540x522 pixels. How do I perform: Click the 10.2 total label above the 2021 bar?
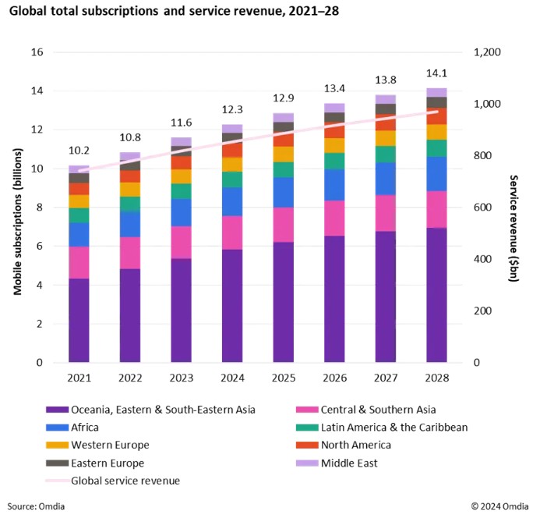click(x=79, y=151)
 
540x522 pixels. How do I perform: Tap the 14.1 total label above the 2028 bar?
click(x=437, y=73)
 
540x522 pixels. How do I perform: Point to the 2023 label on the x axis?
click(x=181, y=378)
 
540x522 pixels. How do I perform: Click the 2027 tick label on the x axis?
click(x=386, y=378)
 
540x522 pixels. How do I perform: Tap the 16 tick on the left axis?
click(x=35, y=52)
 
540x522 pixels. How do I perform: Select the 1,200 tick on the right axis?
click(x=488, y=52)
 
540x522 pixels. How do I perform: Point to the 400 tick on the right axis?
click(x=483, y=259)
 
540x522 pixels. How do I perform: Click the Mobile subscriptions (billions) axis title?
click(x=17, y=208)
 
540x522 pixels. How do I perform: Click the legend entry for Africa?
click(x=90, y=427)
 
